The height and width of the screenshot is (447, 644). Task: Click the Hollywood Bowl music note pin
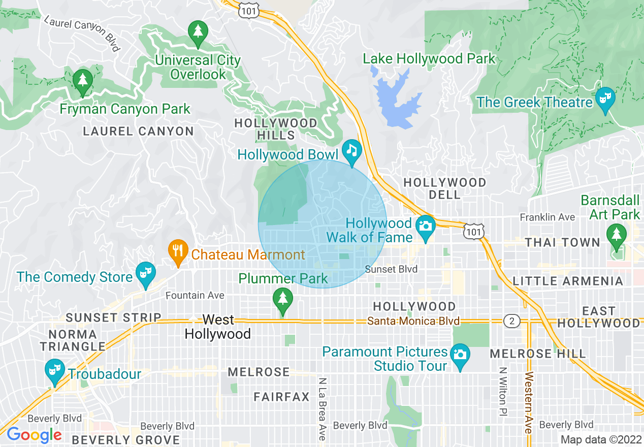(x=351, y=150)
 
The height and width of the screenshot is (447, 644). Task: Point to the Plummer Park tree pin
(x=283, y=298)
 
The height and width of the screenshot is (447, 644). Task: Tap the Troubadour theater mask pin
(x=53, y=369)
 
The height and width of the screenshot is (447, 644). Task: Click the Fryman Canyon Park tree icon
(x=82, y=81)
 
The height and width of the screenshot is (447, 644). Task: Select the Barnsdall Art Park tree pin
(x=617, y=235)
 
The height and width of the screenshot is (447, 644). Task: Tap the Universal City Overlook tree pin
(x=198, y=31)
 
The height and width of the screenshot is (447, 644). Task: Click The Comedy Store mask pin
(x=146, y=272)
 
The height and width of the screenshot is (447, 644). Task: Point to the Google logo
(x=34, y=435)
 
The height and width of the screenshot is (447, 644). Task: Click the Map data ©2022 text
(x=600, y=439)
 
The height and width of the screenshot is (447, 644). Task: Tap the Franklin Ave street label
(x=547, y=217)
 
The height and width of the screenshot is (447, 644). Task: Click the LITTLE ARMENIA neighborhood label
(x=567, y=281)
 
